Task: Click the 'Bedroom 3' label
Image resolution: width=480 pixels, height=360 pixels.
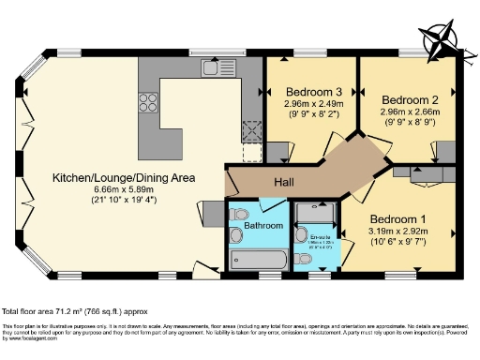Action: (309, 92)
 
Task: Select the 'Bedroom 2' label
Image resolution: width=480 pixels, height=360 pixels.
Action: (411, 99)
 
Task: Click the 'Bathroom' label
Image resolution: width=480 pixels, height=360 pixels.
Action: (263, 226)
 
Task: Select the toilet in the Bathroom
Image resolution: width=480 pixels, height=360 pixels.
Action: (238, 213)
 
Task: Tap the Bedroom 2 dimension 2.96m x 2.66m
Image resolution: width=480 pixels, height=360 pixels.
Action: (411, 112)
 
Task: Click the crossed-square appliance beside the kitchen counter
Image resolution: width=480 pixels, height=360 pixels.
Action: (251, 132)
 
